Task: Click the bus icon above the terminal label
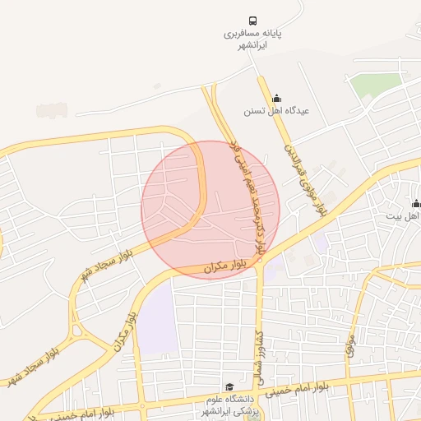[252, 21]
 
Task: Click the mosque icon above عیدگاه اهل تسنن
[275, 97]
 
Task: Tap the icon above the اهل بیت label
[416, 203]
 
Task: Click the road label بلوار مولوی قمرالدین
[306, 180]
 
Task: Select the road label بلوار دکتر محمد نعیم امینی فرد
[246, 196]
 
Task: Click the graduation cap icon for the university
[229, 387]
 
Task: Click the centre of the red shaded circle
[210, 210]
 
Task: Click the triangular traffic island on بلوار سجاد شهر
[81, 331]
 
